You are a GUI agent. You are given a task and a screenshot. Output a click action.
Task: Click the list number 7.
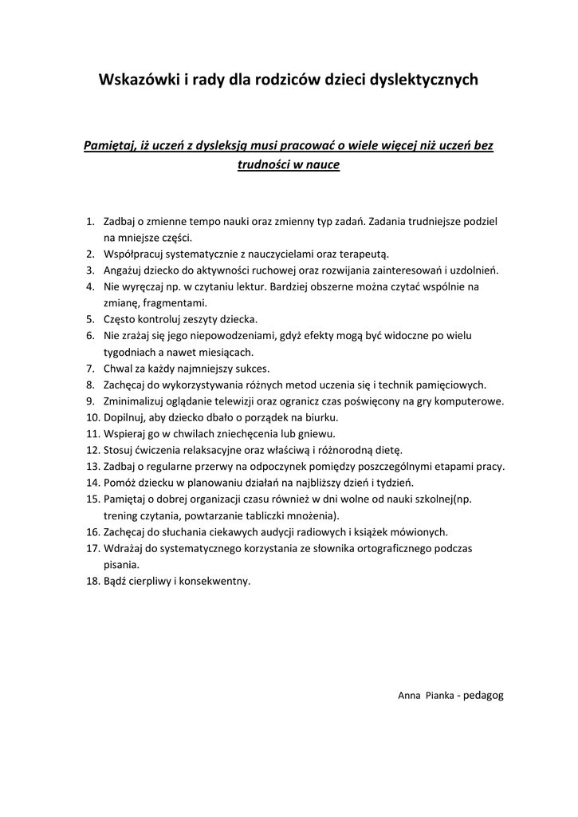pos(90,369)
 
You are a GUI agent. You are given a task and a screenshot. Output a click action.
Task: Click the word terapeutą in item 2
pos(364,254)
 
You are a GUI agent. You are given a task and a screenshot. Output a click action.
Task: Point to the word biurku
pos(320,417)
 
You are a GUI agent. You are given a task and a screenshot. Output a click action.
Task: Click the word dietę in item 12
pos(387,450)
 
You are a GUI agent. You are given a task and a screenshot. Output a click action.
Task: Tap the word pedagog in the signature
pos(483,696)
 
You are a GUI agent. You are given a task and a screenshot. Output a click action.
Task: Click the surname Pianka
pos(440,696)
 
